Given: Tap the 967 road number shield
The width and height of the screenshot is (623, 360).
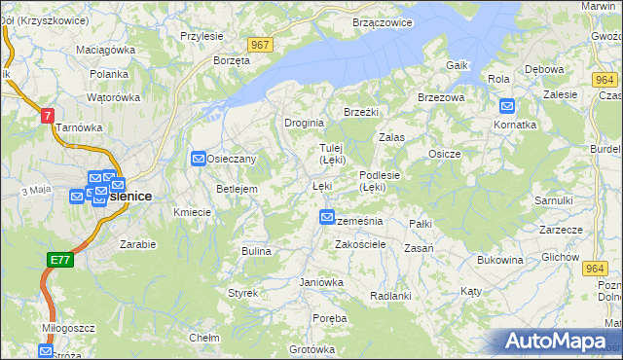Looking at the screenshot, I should (259, 45).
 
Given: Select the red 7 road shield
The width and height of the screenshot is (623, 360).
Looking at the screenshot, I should (47, 115).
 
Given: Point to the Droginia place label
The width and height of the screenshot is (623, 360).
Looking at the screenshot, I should (303, 124).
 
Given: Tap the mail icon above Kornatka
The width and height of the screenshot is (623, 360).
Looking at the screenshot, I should (507, 106).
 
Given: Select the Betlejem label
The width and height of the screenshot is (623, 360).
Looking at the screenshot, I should (237, 189).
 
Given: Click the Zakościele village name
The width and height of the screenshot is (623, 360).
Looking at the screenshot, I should (362, 245).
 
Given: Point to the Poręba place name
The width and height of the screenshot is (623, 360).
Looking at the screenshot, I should (330, 318).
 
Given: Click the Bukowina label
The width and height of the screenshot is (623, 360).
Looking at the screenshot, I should (500, 260).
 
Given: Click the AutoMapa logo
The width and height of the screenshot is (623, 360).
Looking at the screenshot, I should (558, 342).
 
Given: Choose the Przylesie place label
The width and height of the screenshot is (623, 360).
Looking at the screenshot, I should (202, 36).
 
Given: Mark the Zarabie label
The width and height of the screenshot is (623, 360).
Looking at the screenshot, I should (138, 244).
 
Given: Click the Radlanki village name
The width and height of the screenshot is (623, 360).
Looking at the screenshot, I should (391, 296).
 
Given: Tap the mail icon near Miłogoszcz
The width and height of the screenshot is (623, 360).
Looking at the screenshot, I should (46, 350).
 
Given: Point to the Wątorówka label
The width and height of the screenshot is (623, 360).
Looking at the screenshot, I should (114, 97).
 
